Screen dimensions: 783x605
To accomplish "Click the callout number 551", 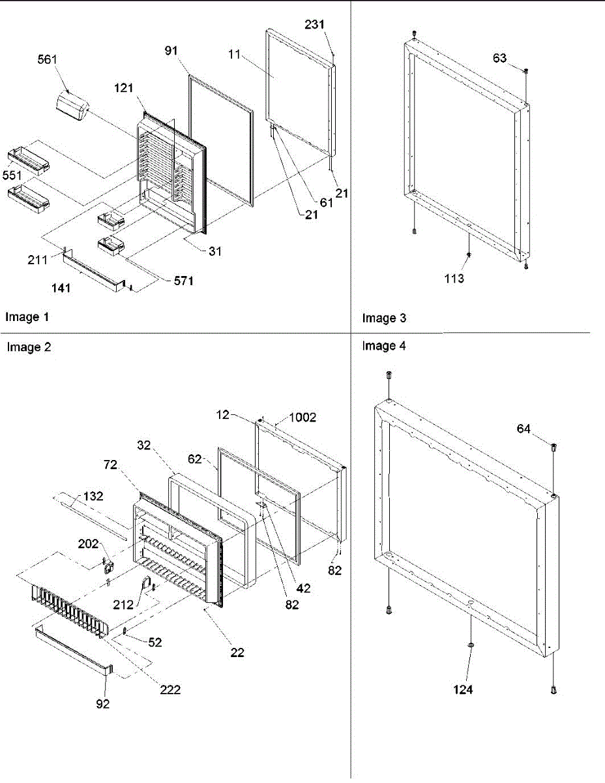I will pos(12,177).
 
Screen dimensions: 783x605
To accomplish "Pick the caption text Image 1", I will pos(27,318).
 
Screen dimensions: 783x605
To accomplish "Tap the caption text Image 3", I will pos(384,318).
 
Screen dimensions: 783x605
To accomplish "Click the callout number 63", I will pos(499,59).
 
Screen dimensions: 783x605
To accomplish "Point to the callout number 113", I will pos(454,279).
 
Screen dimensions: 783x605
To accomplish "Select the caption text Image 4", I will pos(384,346).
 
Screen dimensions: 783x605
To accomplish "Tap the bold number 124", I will pos(464,689).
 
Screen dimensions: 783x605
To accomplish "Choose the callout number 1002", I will pos(302,418).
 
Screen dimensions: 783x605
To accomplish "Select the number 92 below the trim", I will pos(102,704).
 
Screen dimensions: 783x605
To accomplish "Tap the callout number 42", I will pos(302,588).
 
